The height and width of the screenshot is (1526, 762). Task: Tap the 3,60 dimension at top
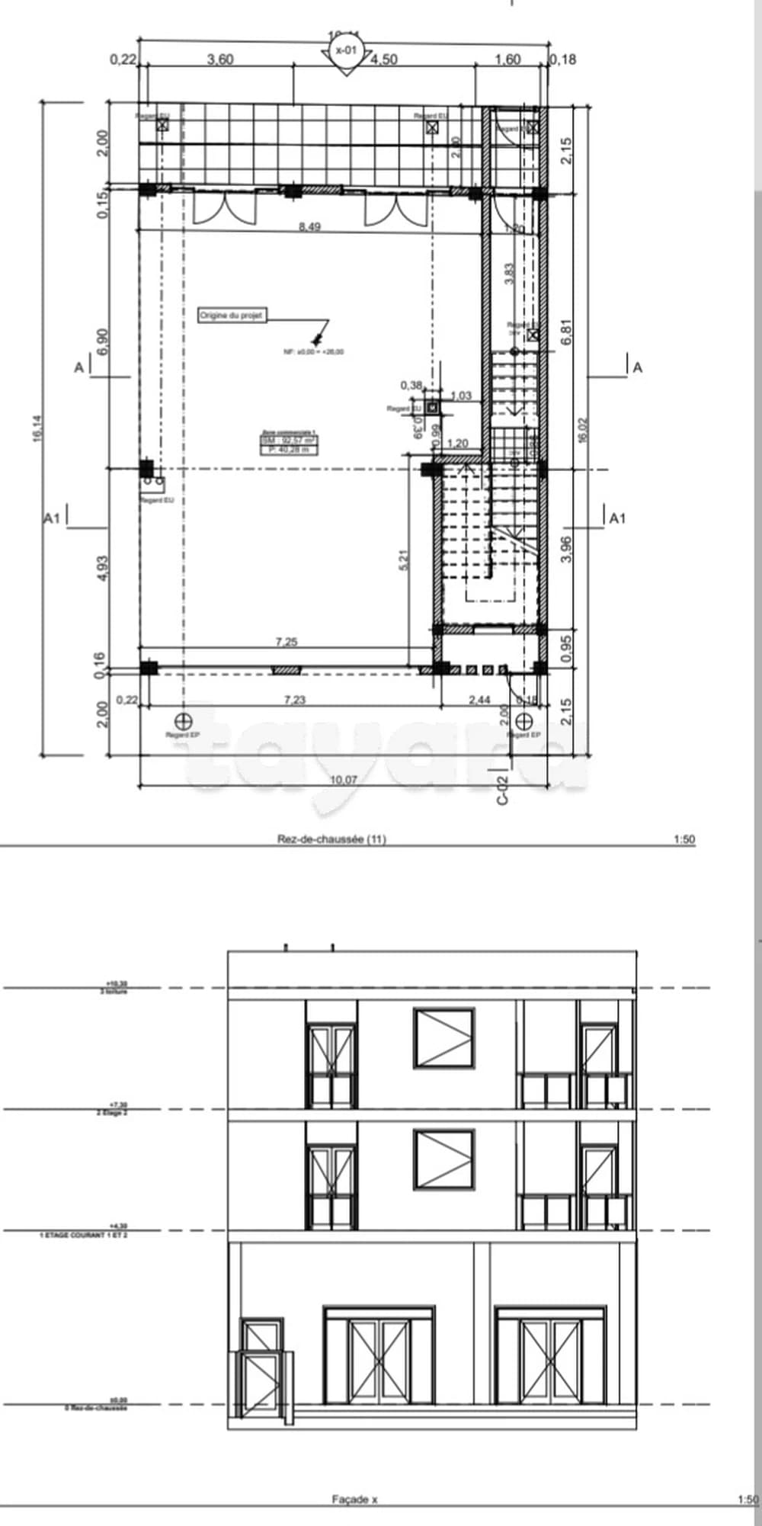(220, 59)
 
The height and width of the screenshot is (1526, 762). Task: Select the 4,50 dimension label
(383, 59)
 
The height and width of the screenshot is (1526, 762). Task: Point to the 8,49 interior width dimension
(309, 226)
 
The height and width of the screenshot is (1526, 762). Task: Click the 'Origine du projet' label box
(232, 315)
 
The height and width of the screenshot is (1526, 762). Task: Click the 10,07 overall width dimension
(343, 779)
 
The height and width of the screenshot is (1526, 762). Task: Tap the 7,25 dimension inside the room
(287, 642)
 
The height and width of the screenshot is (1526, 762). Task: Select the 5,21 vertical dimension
(404, 560)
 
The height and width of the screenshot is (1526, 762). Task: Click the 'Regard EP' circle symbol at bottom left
(183, 720)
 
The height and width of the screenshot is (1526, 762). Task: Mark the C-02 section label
(502, 790)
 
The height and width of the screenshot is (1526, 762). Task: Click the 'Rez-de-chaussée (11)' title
(331, 839)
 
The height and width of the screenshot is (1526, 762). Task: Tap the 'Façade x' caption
(354, 1499)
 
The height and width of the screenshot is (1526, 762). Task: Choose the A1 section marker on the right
(616, 518)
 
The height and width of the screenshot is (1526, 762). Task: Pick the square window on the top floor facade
(444, 1038)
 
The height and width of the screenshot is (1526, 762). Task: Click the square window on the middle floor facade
(444, 1159)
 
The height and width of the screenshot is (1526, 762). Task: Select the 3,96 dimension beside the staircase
(565, 549)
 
